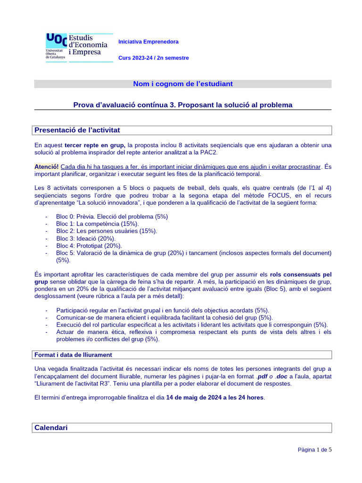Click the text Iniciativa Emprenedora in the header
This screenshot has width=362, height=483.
pyautogui.click(x=148, y=42)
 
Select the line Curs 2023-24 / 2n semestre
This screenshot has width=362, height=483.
pyautogui.click(x=153, y=58)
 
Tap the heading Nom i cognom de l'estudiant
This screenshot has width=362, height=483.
pyautogui.click(x=183, y=84)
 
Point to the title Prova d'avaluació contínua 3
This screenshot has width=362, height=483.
pyautogui.click(x=183, y=105)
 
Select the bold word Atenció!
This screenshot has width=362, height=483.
pyautogui.click(x=47, y=167)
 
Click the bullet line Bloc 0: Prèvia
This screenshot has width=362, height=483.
pyautogui.click(x=112, y=217)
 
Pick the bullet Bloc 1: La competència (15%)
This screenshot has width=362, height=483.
pyautogui.click(x=98, y=224)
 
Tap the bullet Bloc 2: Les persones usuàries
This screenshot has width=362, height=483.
pyautogui.click(x=107, y=231)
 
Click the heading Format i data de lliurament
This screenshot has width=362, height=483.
pyautogui.click(x=73, y=355)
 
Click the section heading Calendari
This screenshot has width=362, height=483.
pyautogui.click(x=51, y=427)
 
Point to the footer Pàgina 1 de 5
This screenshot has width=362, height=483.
pyautogui.click(x=314, y=450)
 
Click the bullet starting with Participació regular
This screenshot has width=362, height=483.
pyautogui.click(x=162, y=310)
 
